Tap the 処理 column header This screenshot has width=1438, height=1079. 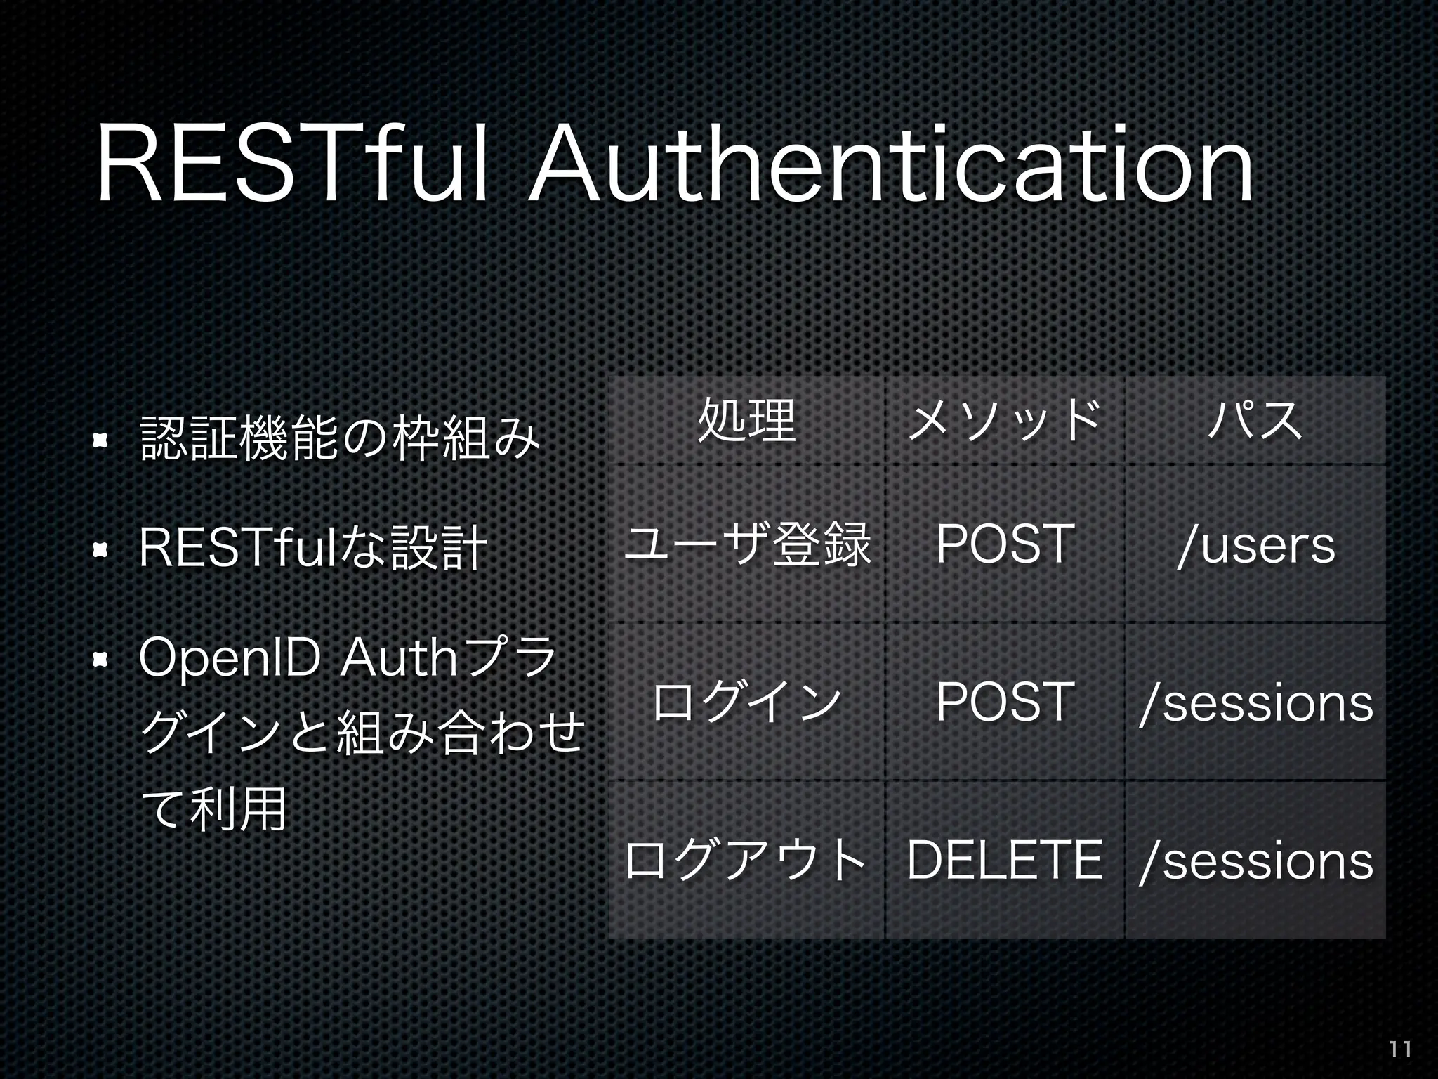click(x=746, y=421)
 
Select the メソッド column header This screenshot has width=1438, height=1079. click(x=1005, y=421)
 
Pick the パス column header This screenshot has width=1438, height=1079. click(x=1255, y=421)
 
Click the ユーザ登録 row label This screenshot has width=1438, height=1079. click(x=746, y=544)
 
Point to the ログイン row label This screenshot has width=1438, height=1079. click(x=746, y=702)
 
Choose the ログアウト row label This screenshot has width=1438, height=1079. click(x=746, y=860)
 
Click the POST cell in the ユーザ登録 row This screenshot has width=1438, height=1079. click(x=1005, y=544)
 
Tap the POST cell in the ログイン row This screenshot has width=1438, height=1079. click(x=1005, y=702)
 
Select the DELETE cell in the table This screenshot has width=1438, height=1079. click(x=1005, y=860)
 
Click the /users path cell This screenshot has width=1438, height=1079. click(x=1255, y=545)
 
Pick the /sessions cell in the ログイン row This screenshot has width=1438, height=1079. click(x=1255, y=702)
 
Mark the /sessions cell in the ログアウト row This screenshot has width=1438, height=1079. click(x=1255, y=861)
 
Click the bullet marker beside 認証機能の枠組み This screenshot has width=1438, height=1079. click(x=100, y=440)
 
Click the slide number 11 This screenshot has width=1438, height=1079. click(x=1400, y=1049)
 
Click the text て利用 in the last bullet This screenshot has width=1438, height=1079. click(x=213, y=808)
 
